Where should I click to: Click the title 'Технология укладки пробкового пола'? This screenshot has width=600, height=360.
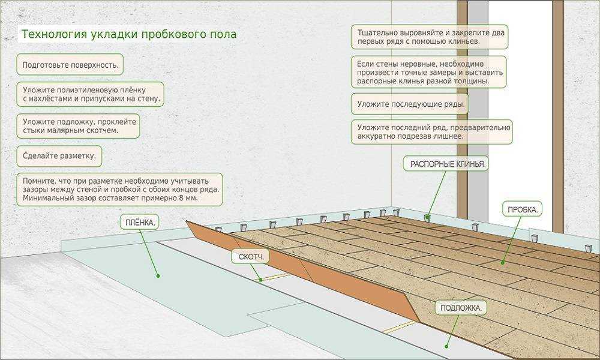pyautogui.click(x=128, y=34)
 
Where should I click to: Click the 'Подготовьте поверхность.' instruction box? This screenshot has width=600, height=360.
pyautogui.click(x=70, y=64)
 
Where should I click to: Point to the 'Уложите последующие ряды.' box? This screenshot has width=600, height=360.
pyautogui.click(x=410, y=104)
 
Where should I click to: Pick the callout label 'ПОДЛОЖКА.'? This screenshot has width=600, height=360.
pyautogui.click(x=461, y=308)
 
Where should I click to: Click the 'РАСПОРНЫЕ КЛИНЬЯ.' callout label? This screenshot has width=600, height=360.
pyautogui.click(x=448, y=164)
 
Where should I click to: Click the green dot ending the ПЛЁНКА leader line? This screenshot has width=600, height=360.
pyautogui.click(x=158, y=276)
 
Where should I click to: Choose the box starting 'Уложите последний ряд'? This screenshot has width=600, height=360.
pyautogui.click(x=432, y=132)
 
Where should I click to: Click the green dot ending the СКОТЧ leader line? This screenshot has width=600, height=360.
pyautogui.click(x=261, y=280)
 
